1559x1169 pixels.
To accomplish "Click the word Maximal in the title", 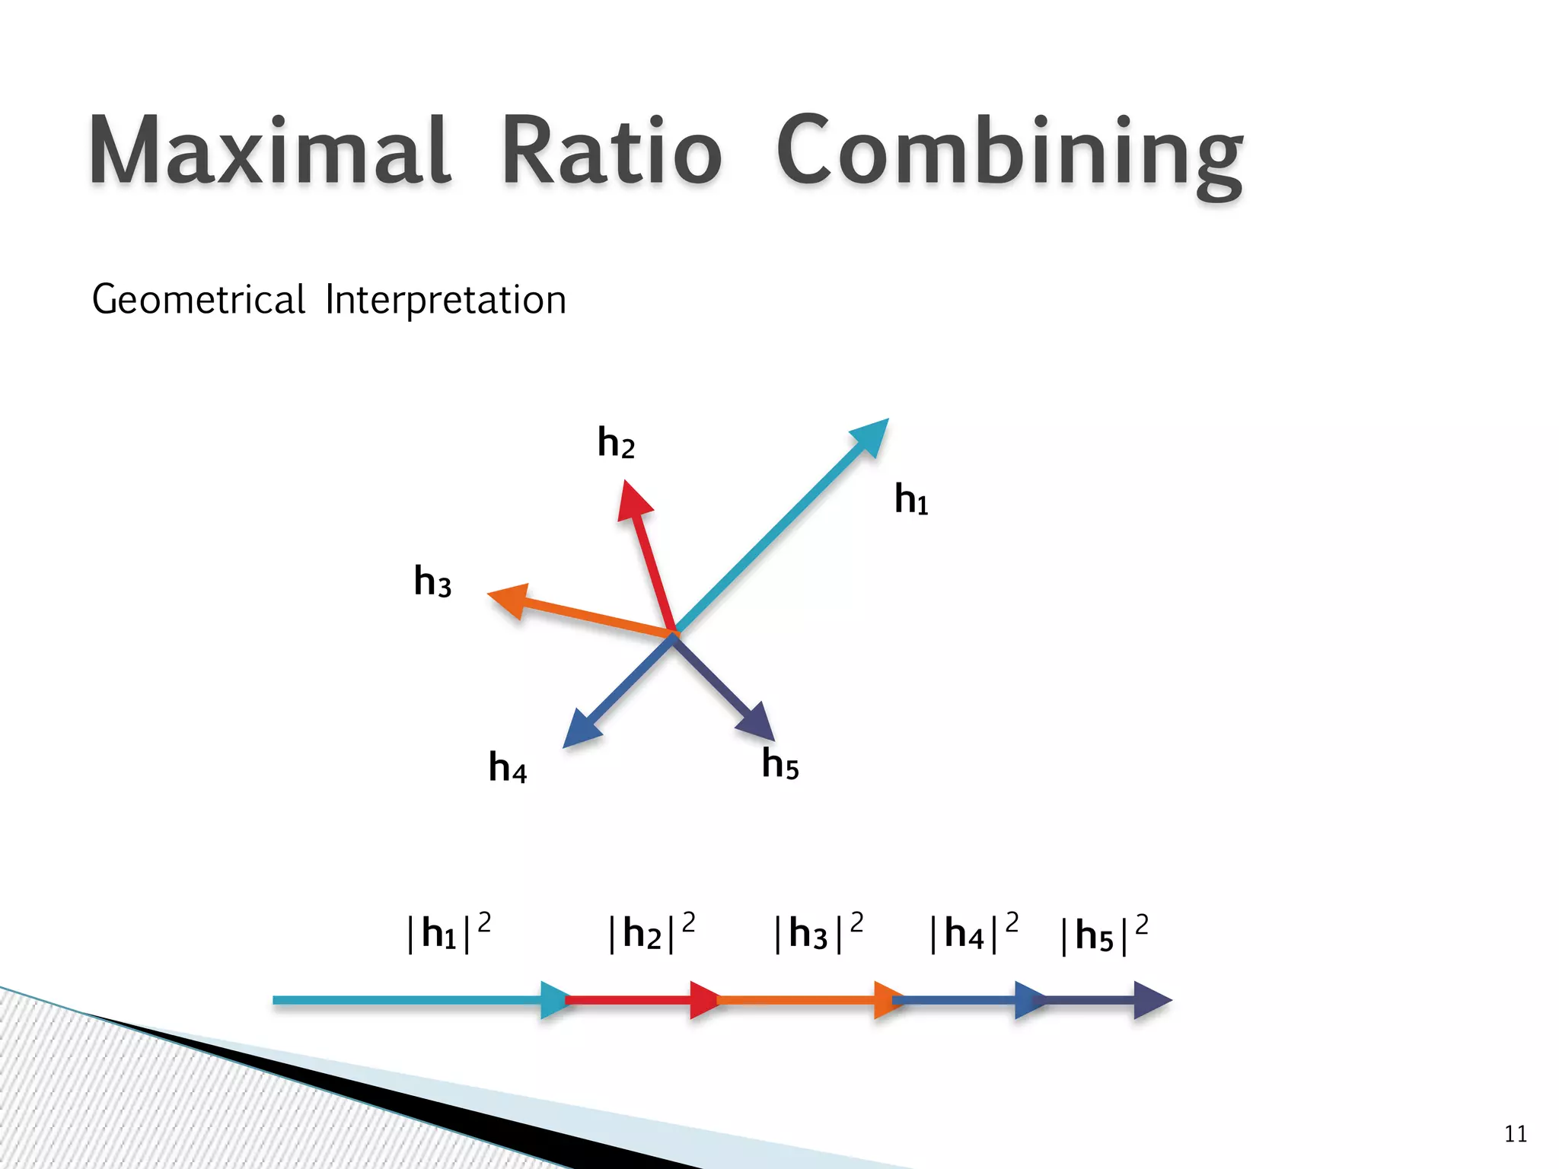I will coord(270,150).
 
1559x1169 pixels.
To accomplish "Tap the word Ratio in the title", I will coord(611,150).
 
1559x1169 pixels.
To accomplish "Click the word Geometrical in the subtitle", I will coord(199,299).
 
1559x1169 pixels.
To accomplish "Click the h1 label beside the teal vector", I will coord(911,500).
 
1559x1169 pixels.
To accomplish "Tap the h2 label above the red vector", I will coord(616,443).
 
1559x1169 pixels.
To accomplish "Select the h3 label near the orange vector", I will coord(432,581).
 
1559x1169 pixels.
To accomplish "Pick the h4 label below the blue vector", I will coord(508,767).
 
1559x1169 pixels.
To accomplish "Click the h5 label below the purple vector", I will coord(780,763).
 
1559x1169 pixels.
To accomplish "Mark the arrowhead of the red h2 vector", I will coord(633,500).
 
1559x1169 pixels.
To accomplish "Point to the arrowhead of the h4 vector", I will coord(581,729).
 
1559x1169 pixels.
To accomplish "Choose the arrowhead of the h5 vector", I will coord(757,721).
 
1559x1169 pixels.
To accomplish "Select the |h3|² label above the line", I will coord(818,933).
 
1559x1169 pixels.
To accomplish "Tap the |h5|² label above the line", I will coord(1104,935).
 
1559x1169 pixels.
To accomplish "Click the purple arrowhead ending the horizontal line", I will coord(1151,1000).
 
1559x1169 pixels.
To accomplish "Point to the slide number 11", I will coord(1516,1135).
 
